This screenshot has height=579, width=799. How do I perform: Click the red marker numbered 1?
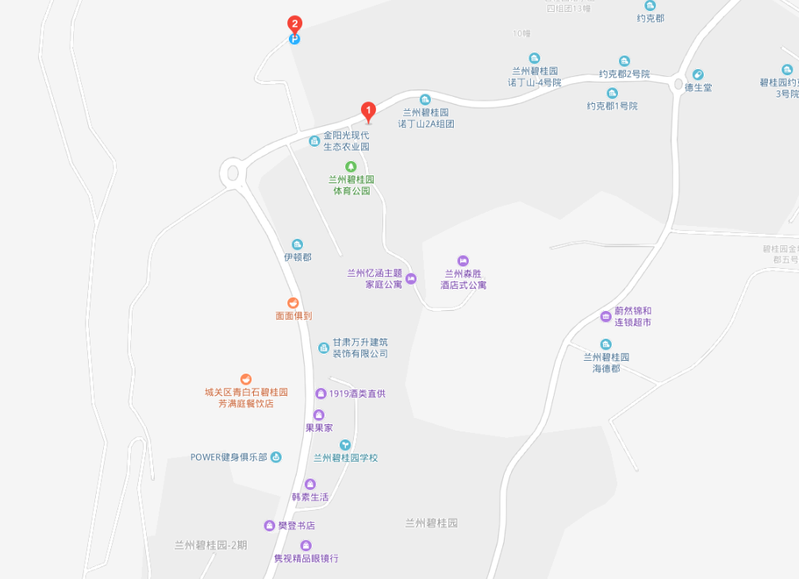pos(368,111)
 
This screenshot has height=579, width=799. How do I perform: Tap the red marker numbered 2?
pos(294,24)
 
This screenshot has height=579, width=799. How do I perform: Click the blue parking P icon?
pos(294,39)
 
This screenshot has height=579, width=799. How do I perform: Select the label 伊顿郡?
pos(298,257)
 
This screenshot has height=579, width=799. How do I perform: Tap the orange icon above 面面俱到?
pos(293,303)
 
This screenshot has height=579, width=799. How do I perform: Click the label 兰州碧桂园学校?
pos(345,458)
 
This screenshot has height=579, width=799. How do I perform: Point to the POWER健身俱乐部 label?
pos(229,457)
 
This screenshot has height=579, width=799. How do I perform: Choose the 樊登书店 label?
pos(296,526)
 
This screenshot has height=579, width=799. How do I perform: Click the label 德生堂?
pos(698,87)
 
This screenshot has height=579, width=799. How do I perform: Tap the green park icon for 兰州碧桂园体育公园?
pos(351,166)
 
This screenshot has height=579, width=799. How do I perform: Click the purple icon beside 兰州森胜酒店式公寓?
pos(463,261)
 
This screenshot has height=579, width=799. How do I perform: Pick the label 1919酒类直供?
pos(357,393)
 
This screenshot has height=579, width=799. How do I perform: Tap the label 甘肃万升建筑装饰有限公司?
pos(360,348)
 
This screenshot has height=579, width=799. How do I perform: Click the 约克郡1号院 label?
pos(612,105)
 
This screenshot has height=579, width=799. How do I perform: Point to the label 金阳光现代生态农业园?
pos(346,141)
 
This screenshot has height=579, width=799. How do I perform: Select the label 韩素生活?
pos(309,497)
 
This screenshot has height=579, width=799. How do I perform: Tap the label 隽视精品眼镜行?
pos(306,558)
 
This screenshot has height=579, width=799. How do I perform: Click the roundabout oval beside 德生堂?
pos(678,84)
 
